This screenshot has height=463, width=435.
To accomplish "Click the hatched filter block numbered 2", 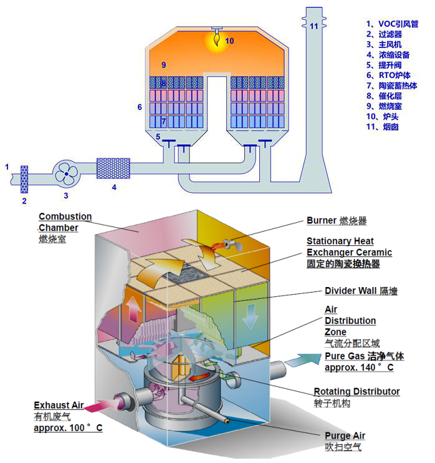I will [26, 178].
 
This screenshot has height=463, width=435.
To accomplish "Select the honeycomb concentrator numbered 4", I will [113, 168].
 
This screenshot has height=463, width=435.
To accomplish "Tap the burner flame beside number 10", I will [216, 40].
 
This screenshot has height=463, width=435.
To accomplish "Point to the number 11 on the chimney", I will [314, 26].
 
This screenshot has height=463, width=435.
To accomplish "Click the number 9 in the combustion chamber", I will [163, 65].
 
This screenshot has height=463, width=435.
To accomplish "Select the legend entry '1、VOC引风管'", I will [392, 24].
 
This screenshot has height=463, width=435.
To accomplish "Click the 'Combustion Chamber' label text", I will [65, 222].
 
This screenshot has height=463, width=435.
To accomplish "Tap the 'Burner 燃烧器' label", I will [337, 221].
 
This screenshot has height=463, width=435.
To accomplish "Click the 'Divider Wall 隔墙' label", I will [361, 291].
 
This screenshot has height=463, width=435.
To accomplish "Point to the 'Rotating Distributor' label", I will [356, 392].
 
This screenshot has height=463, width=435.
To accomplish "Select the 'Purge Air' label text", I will [345, 436].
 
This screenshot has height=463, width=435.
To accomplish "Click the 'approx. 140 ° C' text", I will [359, 368].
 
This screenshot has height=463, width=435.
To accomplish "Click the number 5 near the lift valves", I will [158, 137].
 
